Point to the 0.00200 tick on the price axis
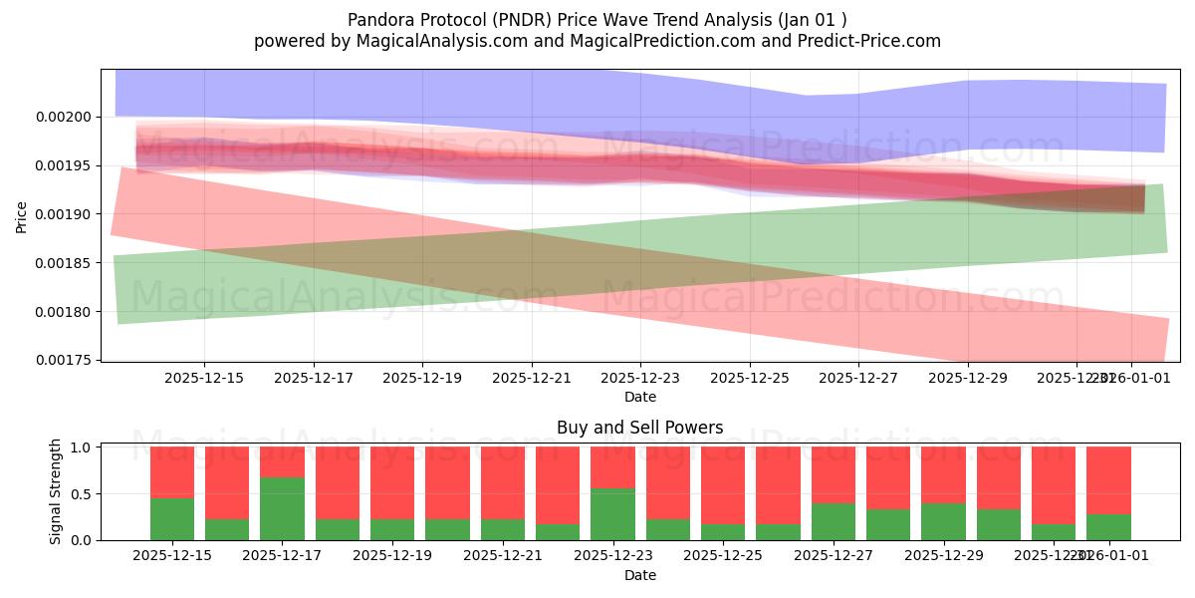(63, 117)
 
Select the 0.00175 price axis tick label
(63, 360)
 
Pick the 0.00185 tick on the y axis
(63, 263)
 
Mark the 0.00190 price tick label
(63, 214)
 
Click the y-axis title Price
(22, 215)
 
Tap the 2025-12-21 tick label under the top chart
(531, 379)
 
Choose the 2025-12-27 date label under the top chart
(858, 379)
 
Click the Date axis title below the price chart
(639, 397)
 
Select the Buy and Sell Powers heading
(639, 428)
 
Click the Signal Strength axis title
(56, 491)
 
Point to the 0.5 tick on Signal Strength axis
(81, 493)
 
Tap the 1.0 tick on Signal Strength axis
(81, 448)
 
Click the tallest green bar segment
(282, 508)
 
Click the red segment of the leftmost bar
(172, 471)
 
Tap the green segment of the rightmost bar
(1108, 527)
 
